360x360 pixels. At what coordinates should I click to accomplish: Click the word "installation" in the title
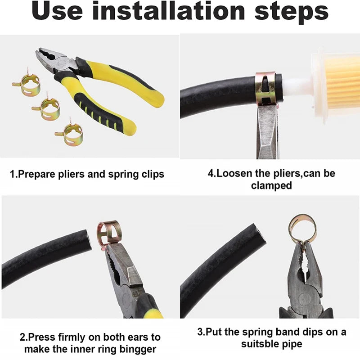click(x=168, y=10)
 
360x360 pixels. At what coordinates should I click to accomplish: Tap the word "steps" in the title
click(x=291, y=13)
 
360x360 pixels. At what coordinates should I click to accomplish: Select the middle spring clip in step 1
click(x=47, y=108)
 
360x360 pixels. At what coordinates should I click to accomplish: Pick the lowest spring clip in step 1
click(x=70, y=133)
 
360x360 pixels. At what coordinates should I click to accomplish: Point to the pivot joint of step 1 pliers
click(x=62, y=63)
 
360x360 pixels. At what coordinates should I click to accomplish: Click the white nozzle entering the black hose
click(x=296, y=85)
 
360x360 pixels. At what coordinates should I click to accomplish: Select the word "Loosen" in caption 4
click(x=234, y=173)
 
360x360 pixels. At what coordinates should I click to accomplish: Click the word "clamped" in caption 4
click(x=271, y=185)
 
